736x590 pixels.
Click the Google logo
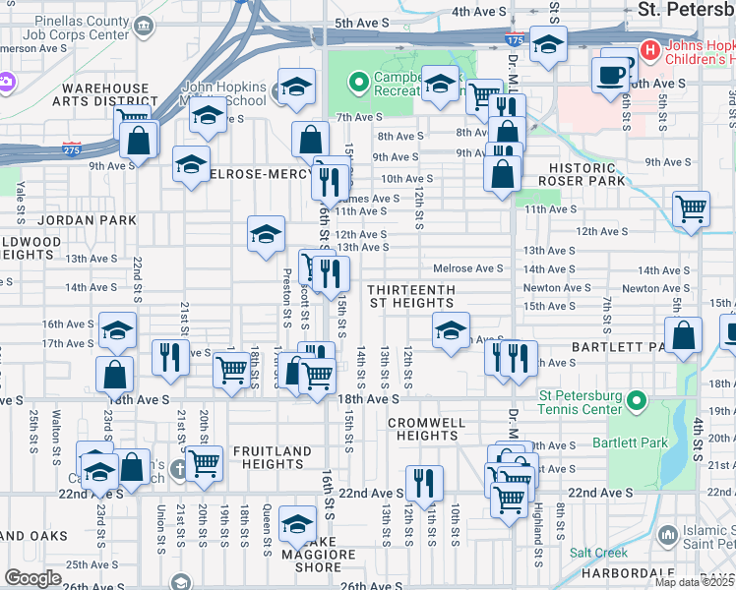click(33, 578)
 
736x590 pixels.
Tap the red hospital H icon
click(649, 48)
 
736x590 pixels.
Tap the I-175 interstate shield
click(514, 40)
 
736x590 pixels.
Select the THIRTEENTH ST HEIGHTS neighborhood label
click(411, 297)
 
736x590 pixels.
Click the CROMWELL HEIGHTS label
click(425, 429)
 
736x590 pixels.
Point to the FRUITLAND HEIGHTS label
click(272, 458)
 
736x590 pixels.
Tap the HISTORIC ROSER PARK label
click(586, 174)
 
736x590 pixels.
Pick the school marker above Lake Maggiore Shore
click(296, 521)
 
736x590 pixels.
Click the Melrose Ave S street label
click(468, 268)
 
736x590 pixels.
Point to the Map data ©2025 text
click(694, 582)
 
